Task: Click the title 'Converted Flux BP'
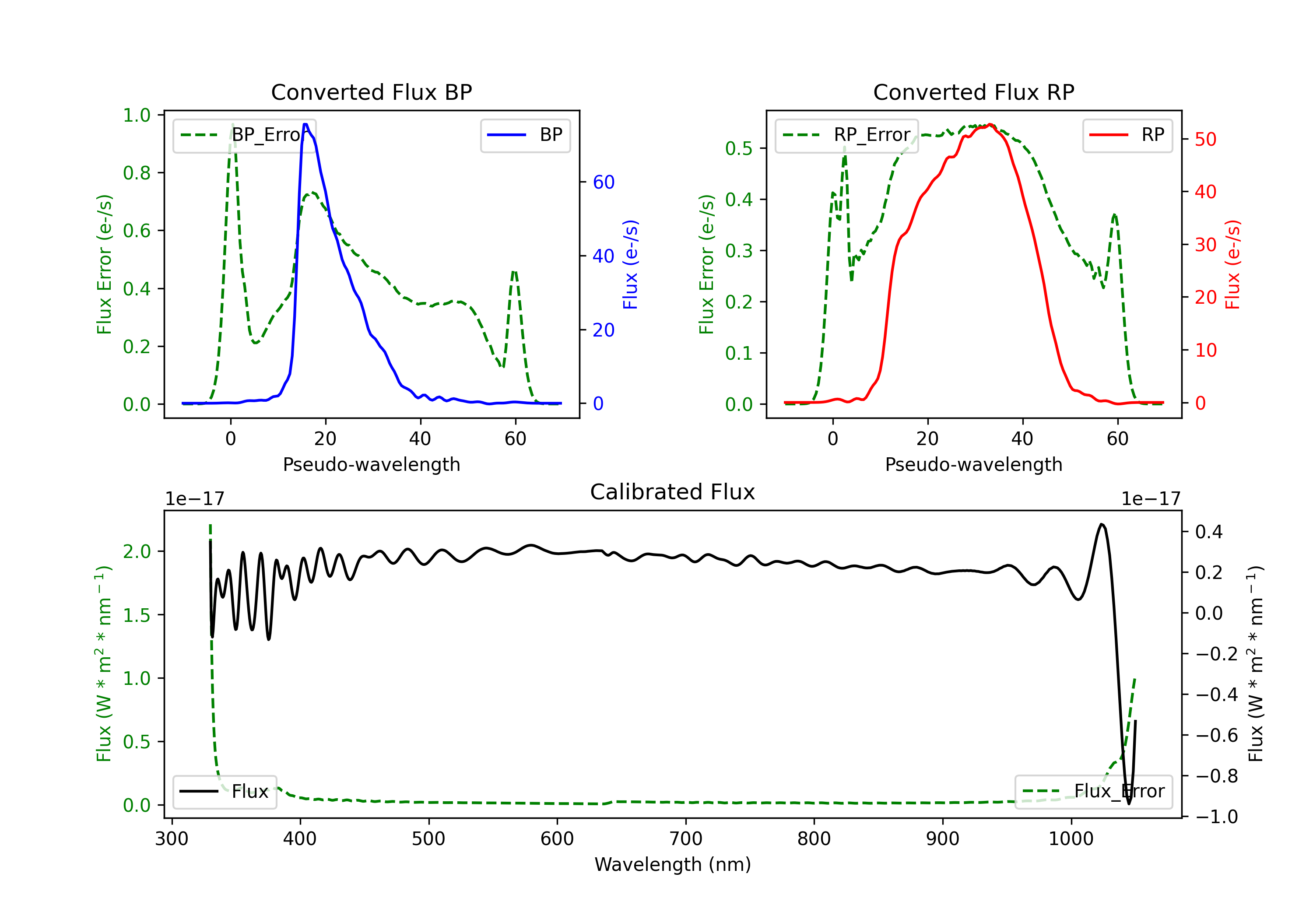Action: [x=371, y=92]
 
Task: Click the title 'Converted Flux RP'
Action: [x=973, y=92]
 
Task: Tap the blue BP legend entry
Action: [x=525, y=135]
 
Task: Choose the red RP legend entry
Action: [x=1127, y=135]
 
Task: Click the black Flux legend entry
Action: [x=224, y=792]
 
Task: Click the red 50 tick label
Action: [x=1205, y=140]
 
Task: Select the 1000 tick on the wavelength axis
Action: [x=1071, y=839]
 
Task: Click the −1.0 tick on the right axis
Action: [x=1216, y=817]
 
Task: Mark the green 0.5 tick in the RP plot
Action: [x=738, y=149]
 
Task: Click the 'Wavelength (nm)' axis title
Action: [x=673, y=864]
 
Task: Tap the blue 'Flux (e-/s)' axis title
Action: [x=630, y=264]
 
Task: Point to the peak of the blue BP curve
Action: [x=305, y=124]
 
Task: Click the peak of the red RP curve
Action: [x=989, y=125]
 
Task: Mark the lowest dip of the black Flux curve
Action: [x=1128, y=803]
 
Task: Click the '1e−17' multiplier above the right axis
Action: [x=1151, y=499]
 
